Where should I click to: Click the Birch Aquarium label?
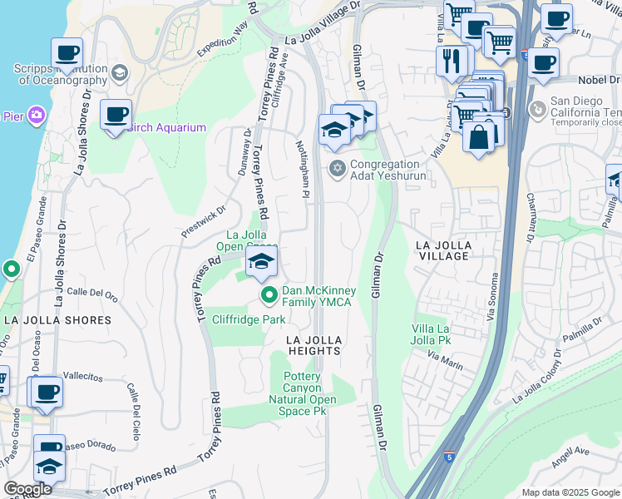pyautogui.click(x=167, y=127)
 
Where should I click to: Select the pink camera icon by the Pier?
pyautogui.click(x=36, y=116)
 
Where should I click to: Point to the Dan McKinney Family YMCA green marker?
pyautogui.click(x=269, y=295)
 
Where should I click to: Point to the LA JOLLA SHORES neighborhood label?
pyautogui.click(x=57, y=320)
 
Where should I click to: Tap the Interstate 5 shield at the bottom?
pyautogui.click(x=449, y=457)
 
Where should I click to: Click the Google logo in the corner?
pyautogui.click(x=27, y=489)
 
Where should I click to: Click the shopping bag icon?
pyautogui.click(x=480, y=138)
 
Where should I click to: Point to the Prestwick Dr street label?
pyautogui.click(x=204, y=222)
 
